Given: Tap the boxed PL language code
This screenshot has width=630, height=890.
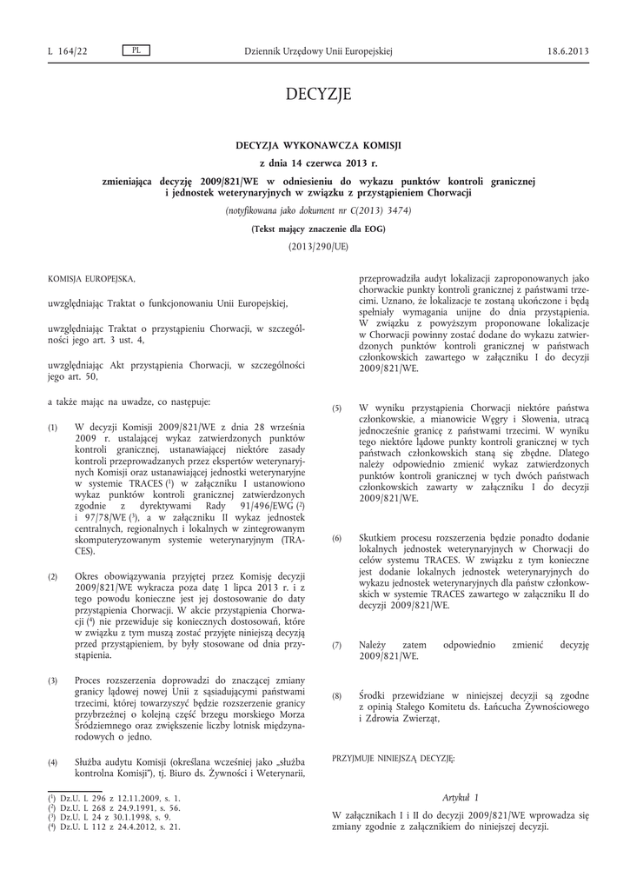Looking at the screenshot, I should point(136,50).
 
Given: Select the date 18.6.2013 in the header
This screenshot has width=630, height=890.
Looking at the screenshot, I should point(568,51).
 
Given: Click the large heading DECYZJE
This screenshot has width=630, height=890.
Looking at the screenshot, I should point(317,94).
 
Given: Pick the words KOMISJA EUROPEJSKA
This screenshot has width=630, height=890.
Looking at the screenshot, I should point(91,278).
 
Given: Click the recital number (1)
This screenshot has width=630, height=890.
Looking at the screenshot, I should point(52,428).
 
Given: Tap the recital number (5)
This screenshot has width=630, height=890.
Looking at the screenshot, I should point(337,408).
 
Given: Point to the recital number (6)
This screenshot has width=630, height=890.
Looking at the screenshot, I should point(337,539).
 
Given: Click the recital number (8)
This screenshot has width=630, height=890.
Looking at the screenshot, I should point(337,696).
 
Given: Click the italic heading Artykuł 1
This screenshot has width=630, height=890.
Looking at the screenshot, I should point(461,797).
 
